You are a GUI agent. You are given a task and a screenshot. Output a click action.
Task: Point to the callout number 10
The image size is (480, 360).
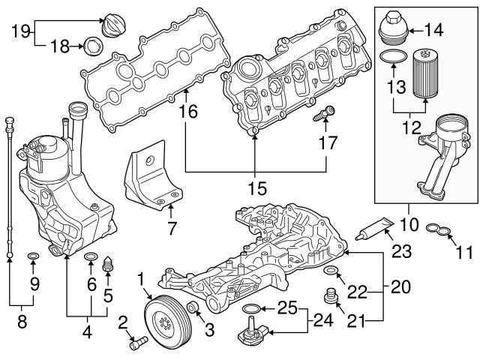[409, 224]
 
